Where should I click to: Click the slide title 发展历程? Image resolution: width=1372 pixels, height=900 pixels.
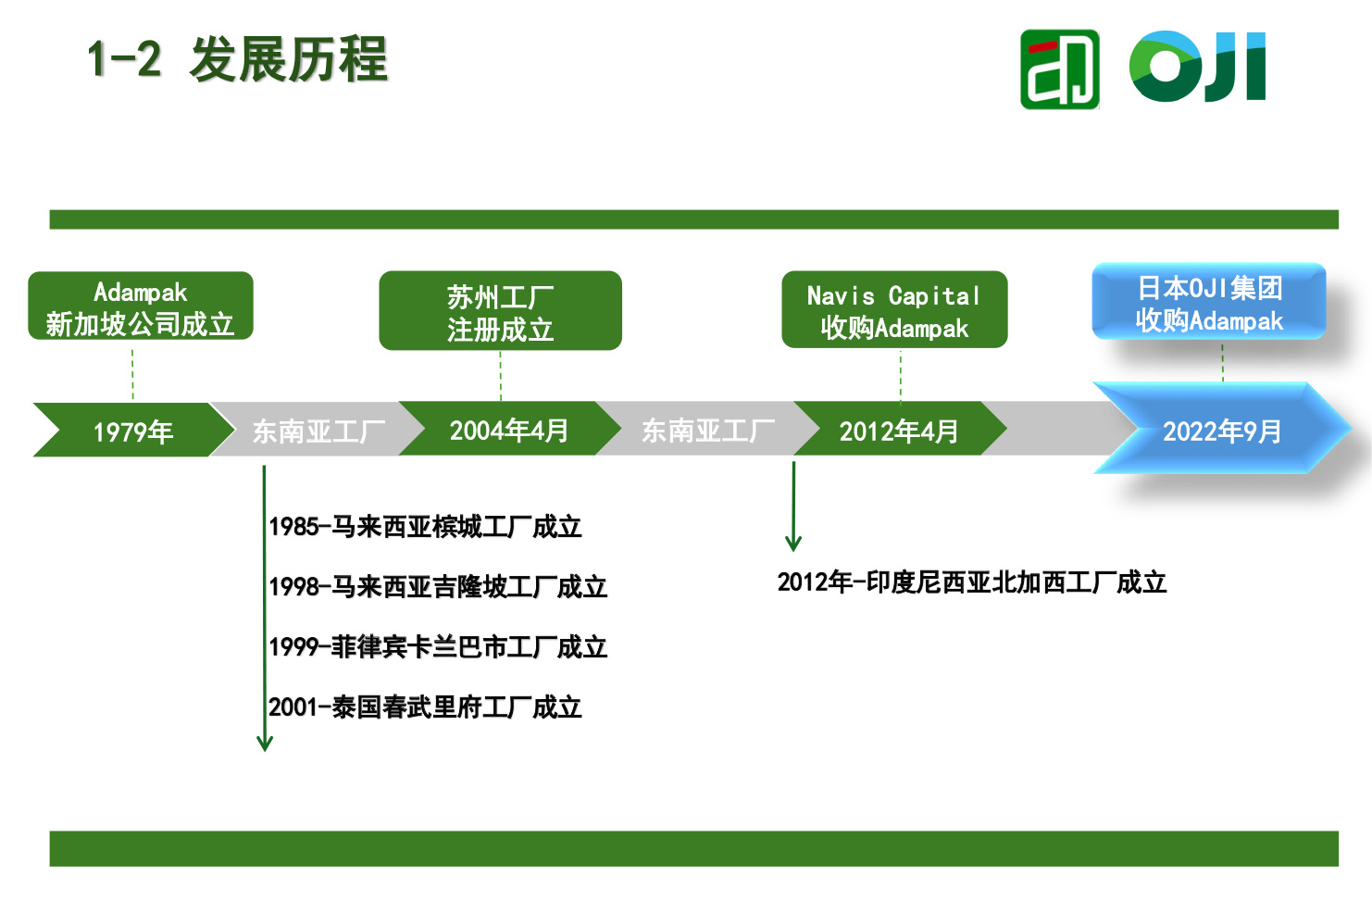[x=288, y=60]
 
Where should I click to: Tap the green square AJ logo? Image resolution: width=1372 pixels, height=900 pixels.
[x=1059, y=69]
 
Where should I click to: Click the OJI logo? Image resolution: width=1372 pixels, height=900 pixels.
[x=1196, y=67]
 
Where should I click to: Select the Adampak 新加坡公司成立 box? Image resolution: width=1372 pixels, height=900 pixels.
[x=141, y=306]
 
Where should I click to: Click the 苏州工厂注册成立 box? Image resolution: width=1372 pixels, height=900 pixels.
[x=500, y=311]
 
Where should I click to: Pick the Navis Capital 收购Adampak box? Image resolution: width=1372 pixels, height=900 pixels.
[x=894, y=310]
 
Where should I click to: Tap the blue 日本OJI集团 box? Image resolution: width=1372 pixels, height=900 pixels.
[x=1208, y=303]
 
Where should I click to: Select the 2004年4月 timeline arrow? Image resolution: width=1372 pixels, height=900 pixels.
[x=508, y=430]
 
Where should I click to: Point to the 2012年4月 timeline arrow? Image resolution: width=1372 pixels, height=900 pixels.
[x=898, y=431]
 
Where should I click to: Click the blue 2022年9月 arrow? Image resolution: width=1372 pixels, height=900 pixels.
[x=1221, y=430]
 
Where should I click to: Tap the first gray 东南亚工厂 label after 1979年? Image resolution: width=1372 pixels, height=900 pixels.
[x=318, y=431]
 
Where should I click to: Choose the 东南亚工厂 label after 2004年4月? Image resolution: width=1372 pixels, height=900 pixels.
[x=707, y=430]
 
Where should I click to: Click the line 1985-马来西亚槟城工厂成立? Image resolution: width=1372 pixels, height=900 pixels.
[x=425, y=527]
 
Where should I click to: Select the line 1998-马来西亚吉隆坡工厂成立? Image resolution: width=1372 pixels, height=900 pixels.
[x=437, y=587]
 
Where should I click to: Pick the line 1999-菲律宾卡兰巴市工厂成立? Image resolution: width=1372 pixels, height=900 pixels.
[x=437, y=647]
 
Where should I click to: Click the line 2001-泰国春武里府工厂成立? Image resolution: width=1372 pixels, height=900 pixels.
[x=425, y=707]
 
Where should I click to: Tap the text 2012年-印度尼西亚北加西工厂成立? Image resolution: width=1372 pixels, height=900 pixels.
[x=971, y=582]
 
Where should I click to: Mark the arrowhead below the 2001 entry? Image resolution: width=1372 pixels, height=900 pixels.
[x=265, y=743]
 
